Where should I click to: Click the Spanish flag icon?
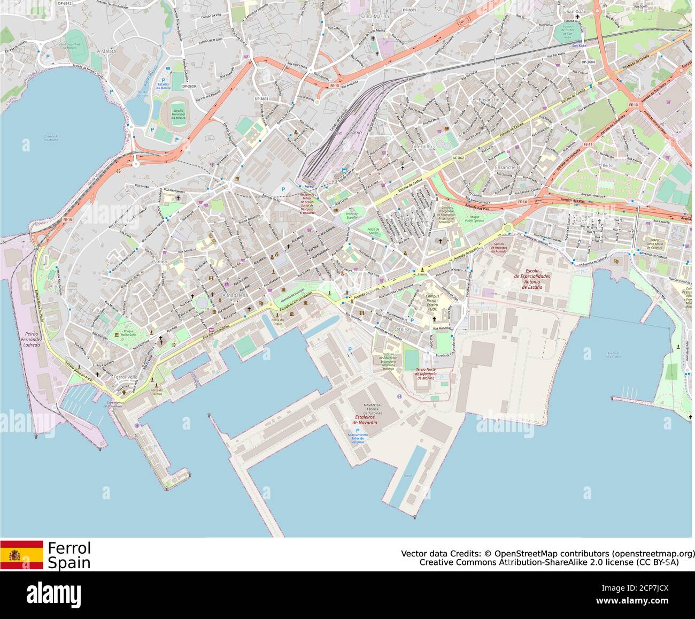(x=21, y=555)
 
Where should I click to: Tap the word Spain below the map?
(x=69, y=563)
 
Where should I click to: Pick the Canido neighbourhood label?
(x=159, y=262)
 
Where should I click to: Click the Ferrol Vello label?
(x=126, y=377)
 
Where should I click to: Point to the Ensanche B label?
(x=507, y=167)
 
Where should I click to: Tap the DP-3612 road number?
(x=64, y=3)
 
